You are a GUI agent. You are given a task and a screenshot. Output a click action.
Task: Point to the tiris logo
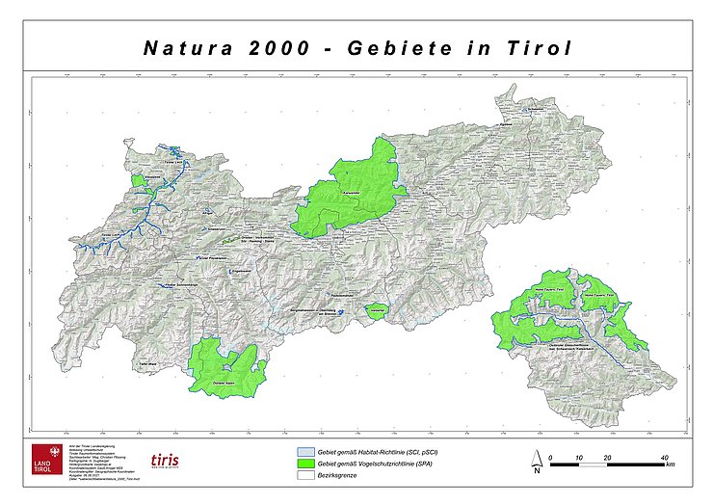pyautogui.click(x=165, y=461)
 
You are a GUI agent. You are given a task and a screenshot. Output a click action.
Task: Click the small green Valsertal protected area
pyautogui.click(x=376, y=311)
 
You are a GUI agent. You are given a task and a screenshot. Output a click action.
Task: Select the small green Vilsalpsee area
pyautogui.click(x=139, y=180)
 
